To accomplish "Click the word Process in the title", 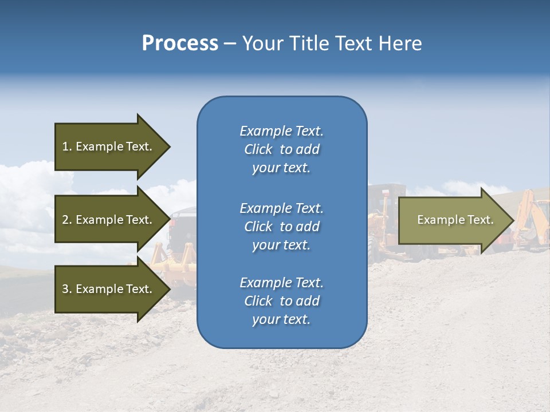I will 180,43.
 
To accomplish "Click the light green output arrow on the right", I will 453,220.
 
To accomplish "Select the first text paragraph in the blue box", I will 281,149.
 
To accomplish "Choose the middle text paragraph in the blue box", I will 281,227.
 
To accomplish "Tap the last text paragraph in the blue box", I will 281,301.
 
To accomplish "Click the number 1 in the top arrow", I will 65,146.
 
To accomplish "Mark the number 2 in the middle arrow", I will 65,220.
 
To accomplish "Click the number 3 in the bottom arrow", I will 65,289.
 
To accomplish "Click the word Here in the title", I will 400,43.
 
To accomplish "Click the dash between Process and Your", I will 230,44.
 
